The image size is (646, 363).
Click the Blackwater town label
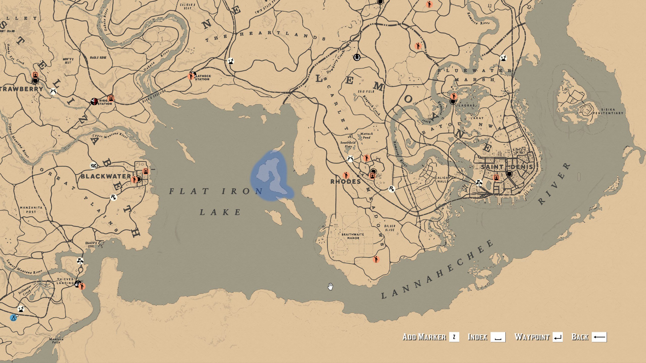106,176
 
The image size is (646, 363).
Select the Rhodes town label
345,181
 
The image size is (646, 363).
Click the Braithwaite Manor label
353,236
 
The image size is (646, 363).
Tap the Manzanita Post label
31,210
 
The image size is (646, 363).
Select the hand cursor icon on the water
330,287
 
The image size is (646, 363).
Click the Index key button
498,337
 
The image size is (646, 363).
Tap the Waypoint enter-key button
557,337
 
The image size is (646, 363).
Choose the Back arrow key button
599,337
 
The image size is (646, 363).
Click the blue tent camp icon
13,318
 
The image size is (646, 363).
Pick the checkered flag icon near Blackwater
94,166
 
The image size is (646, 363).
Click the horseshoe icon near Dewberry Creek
357,57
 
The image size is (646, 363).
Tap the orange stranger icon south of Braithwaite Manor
376,259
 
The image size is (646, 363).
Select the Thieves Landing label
65,281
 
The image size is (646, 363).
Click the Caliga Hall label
441,179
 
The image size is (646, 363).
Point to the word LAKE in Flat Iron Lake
220,212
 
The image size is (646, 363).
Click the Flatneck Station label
203,77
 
